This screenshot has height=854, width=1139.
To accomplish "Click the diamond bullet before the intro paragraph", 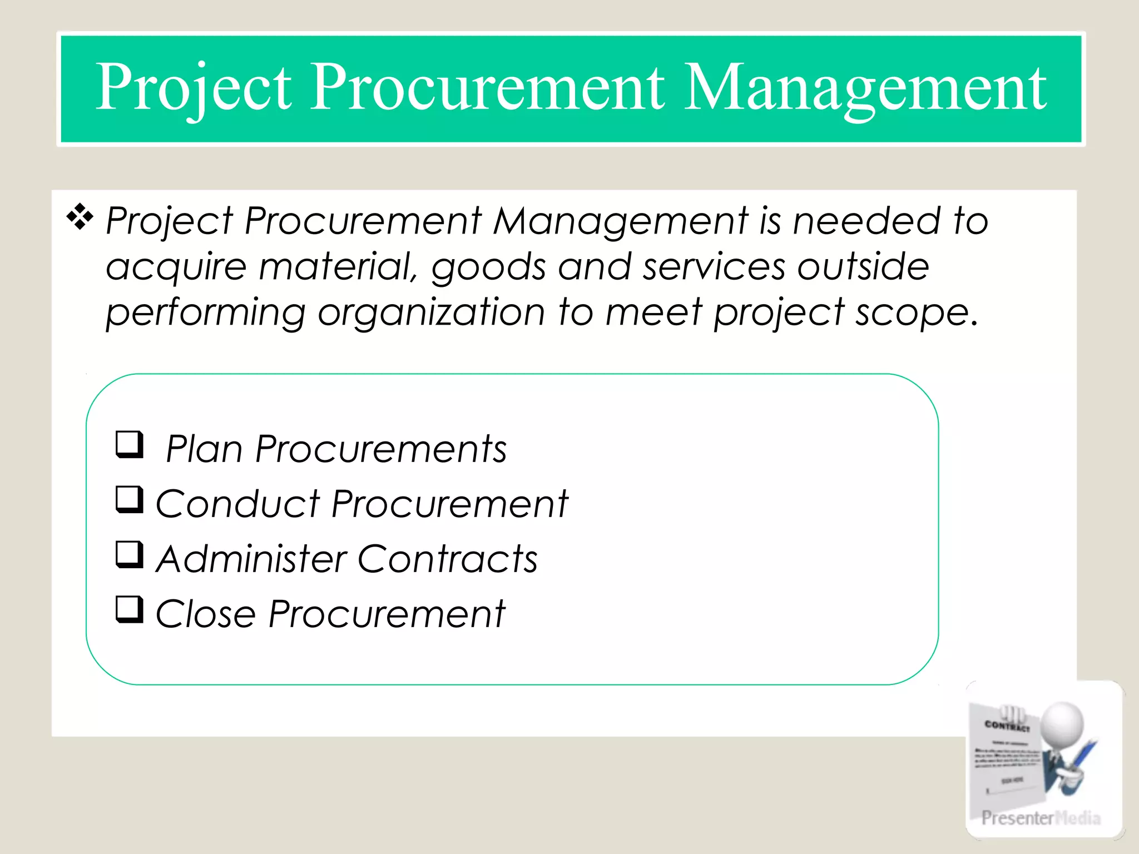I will click(x=80, y=217).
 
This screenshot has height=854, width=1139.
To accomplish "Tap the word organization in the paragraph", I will click(x=431, y=313).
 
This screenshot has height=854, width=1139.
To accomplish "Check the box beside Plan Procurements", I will click(x=130, y=444).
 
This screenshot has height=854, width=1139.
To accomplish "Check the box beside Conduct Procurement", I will click(x=130, y=499).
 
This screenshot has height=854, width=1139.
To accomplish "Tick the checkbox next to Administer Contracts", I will click(x=130, y=554).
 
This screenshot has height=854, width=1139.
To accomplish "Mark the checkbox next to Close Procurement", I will click(x=130, y=609).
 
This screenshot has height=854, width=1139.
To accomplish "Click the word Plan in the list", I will click(x=204, y=449).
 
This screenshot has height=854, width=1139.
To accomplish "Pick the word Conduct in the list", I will click(x=238, y=504).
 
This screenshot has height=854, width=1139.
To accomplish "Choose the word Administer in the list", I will click(x=251, y=559).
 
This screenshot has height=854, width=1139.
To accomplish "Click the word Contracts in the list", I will click(x=448, y=559).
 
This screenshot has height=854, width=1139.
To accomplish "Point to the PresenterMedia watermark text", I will click(x=1041, y=818).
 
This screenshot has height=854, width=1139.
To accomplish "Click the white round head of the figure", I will click(x=1062, y=723).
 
